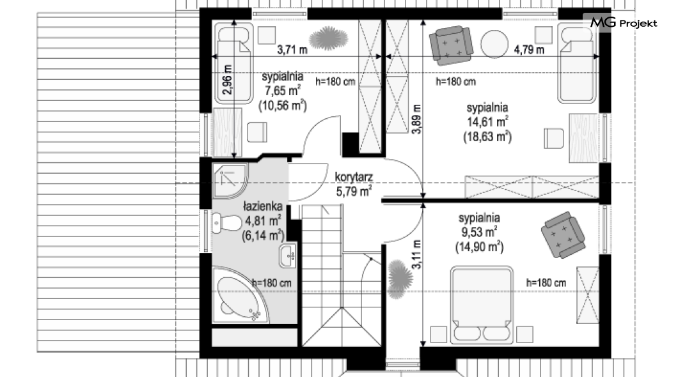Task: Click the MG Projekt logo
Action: click(x=624, y=23)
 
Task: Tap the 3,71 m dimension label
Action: click(x=292, y=50)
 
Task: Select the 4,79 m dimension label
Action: click(x=529, y=50)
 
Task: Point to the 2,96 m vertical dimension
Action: click(x=228, y=79)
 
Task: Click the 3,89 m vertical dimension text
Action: click(x=416, y=119)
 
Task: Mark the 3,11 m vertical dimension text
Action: click(x=416, y=255)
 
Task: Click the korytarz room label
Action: click(x=354, y=177)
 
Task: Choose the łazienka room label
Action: click(x=262, y=206)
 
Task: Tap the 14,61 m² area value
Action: click(x=487, y=121)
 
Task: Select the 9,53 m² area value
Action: click(x=479, y=232)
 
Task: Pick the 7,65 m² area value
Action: click(x=283, y=91)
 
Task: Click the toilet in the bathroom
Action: click(x=226, y=223)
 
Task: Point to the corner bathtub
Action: click(x=239, y=296)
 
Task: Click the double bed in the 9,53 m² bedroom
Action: click(x=482, y=305)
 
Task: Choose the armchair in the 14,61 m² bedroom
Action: click(x=450, y=45)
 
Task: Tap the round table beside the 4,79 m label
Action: click(x=494, y=44)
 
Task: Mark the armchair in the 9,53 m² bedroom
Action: click(x=563, y=235)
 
